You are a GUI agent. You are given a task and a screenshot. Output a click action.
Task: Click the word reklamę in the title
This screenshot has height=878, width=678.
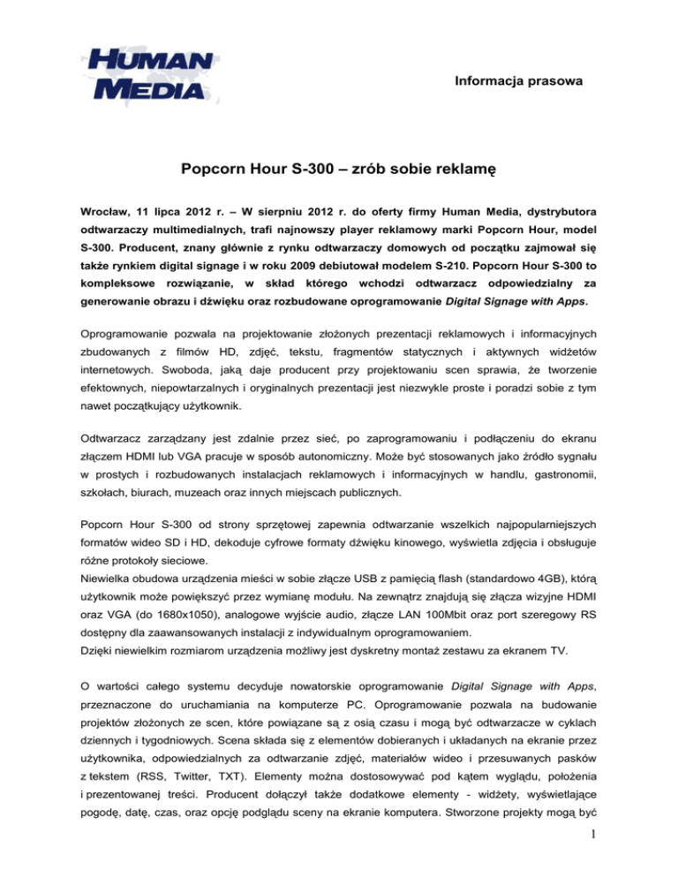click(463, 168)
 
